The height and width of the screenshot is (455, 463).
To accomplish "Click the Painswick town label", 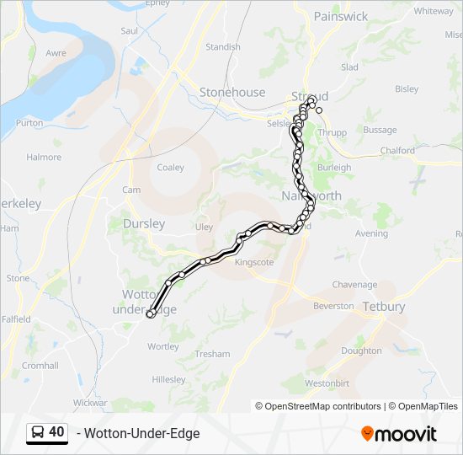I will tap(340, 16).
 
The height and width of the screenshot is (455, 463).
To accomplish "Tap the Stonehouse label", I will tap(232, 93).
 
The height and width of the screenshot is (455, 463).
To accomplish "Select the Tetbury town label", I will tap(384, 307).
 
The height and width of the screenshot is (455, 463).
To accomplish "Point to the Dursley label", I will tap(144, 224).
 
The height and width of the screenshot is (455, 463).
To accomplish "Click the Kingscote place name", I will tap(254, 262).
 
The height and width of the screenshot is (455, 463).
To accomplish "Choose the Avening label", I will tap(371, 233).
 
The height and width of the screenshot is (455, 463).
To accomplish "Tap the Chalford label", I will tap(397, 151).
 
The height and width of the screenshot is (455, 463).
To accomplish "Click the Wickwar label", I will tap(90, 403).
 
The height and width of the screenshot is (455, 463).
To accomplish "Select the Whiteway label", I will tap(434, 11).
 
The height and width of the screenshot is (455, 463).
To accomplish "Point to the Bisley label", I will tap(407, 88).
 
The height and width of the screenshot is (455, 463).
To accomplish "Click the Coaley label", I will tap(170, 168).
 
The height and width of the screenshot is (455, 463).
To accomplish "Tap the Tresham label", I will tap(212, 354).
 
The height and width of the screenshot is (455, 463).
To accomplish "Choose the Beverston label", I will tap(333, 306).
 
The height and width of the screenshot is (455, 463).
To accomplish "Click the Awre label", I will tap(56, 53).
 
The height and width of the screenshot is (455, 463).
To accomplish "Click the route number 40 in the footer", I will tap(56, 432).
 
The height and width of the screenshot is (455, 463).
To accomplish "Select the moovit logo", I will tap(399, 434).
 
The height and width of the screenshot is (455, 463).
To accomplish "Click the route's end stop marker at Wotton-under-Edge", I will tap(150, 314).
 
